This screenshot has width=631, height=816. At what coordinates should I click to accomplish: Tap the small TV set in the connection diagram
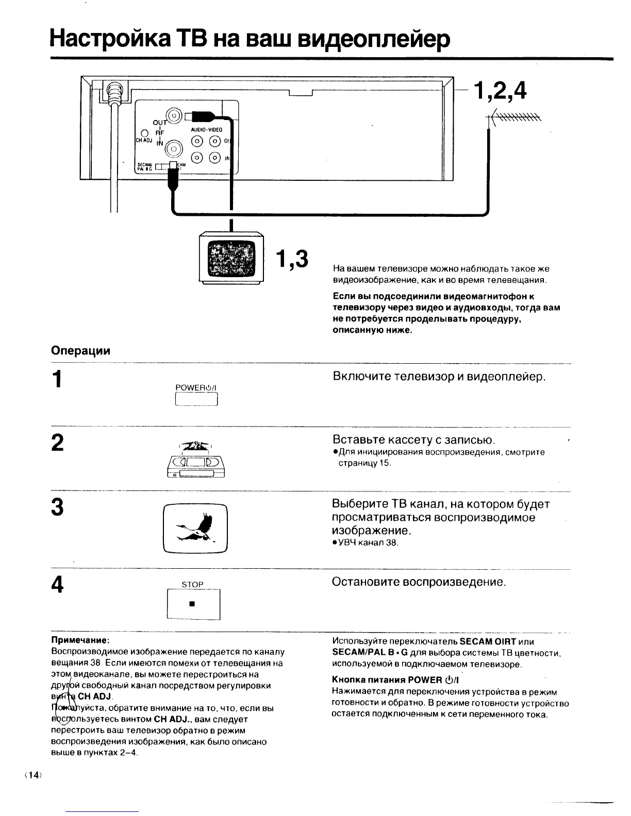coord(231,258)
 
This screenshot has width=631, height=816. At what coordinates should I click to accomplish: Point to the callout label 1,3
coord(291,259)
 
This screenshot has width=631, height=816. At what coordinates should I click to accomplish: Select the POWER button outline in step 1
coord(197,399)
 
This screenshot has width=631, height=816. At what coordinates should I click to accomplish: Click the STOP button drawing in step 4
coord(194,603)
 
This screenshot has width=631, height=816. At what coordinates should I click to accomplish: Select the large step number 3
coord(58,507)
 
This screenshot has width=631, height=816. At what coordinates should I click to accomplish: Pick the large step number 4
coord(58,584)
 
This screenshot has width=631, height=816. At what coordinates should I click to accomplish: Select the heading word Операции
coord(81,351)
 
